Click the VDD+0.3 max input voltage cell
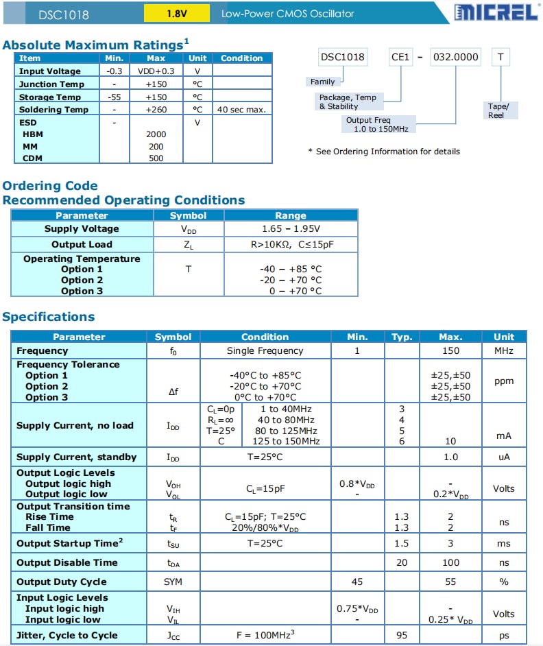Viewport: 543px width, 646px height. pyautogui.click(x=156, y=71)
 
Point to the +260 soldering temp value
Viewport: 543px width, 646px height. pyautogui.click(x=156, y=110)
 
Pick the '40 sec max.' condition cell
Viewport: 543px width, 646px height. pyautogui.click(x=241, y=110)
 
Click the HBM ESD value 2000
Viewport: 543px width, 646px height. pyautogui.click(x=156, y=134)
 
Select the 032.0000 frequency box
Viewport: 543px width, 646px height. pyautogui.click(x=455, y=58)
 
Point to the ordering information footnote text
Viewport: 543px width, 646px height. pyautogui.click(x=384, y=152)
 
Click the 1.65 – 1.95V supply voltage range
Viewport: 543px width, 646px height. pyautogui.click(x=291, y=229)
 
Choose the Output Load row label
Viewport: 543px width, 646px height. pyautogui.click(x=82, y=245)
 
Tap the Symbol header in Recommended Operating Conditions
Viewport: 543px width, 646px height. pyautogui.click(x=188, y=215)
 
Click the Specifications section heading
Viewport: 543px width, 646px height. pyautogui.click(x=49, y=317)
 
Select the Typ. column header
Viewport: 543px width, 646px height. pyautogui.click(x=402, y=337)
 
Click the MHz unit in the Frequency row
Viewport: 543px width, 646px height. pyautogui.click(x=504, y=351)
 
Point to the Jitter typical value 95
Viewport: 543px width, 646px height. pyautogui.click(x=402, y=636)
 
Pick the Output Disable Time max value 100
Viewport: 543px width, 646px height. pyautogui.click(x=450, y=563)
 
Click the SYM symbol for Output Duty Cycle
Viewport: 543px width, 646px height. pyautogui.click(x=173, y=582)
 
